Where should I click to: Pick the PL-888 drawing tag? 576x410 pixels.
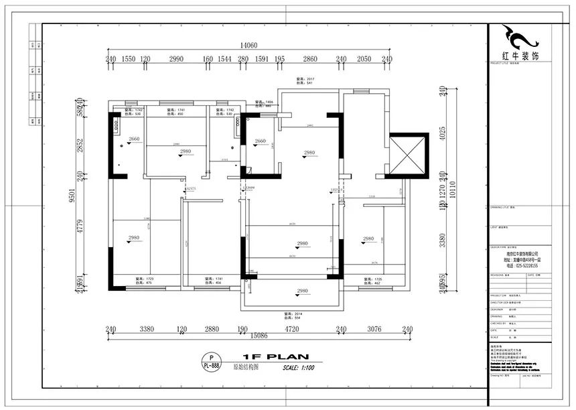click(212, 365)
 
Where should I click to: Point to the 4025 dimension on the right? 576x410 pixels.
click(441, 133)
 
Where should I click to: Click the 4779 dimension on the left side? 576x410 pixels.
click(80, 228)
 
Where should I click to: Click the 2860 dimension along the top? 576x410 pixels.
click(309, 60)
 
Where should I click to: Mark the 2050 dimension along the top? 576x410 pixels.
click(364, 60)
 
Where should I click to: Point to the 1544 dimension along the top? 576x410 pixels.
click(224, 60)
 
